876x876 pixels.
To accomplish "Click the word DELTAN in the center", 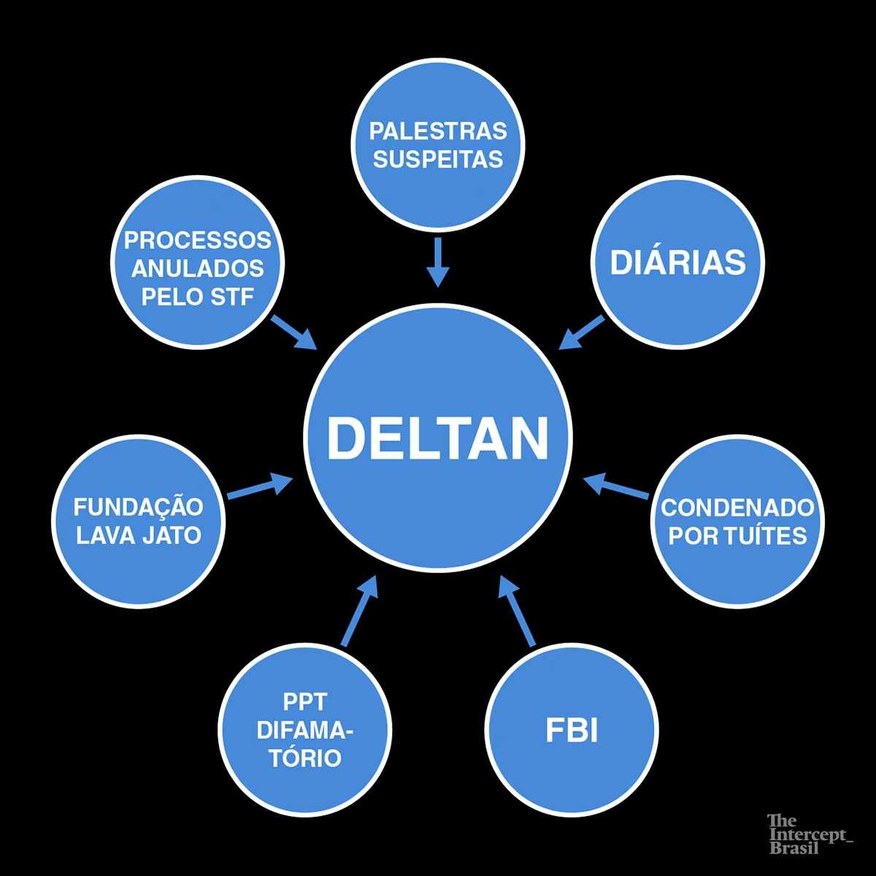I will click(x=437, y=437).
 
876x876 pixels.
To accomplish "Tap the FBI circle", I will click(x=572, y=732).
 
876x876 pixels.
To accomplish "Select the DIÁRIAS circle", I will click(x=677, y=262).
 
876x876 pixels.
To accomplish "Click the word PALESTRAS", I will click(x=437, y=132).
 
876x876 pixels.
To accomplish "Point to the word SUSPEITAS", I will click(x=437, y=159).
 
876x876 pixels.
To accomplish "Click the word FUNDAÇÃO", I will click(x=138, y=507).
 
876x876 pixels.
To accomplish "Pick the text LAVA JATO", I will click(x=138, y=535).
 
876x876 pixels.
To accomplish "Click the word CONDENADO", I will click(x=737, y=507).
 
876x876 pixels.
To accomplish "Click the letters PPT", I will click(x=302, y=703).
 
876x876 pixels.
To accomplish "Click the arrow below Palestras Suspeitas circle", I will click(x=437, y=261).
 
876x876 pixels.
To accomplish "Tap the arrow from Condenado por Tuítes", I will click(x=616, y=487).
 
